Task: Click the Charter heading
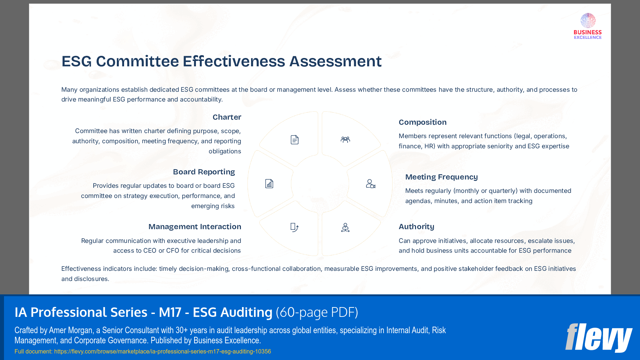tap(227, 117)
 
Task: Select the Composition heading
tap(422, 122)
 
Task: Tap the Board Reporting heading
tap(204, 172)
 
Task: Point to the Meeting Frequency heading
tap(441, 177)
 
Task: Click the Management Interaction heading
tap(194, 227)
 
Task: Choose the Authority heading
tap(416, 227)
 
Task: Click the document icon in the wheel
tap(295, 140)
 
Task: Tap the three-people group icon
tap(345, 140)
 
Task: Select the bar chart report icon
tap(269, 184)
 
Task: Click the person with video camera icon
tap(370, 184)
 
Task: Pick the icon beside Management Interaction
tap(294, 227)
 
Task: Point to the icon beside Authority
tap(345, 227)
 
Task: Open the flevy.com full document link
tap(163, 351)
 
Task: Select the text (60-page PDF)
tap(317, 312)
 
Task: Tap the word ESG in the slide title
tap(77, 61)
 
